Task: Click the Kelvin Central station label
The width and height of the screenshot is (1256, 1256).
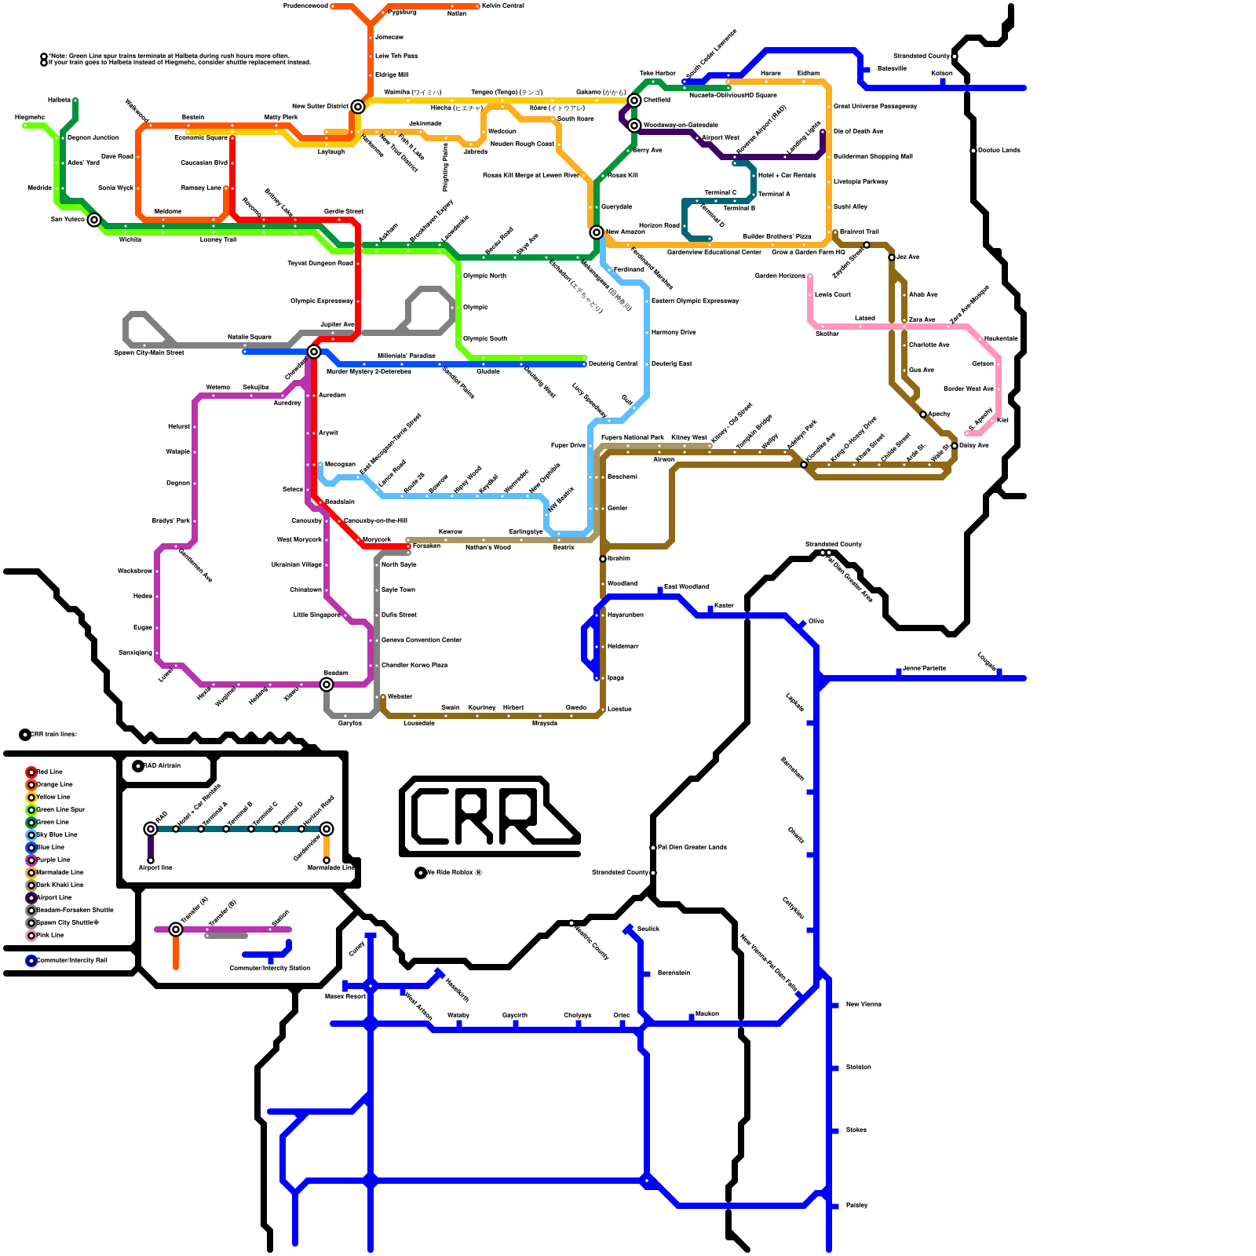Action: coord(502,6)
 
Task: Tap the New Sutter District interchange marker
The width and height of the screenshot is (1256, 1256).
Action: coord(358,107)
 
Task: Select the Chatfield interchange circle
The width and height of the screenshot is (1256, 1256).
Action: coord(634,100)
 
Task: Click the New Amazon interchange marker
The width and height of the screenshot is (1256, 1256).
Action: coord(597,232)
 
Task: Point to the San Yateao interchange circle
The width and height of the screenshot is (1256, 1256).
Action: coord(94,220)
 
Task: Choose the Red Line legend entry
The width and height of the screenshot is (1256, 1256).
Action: coord(49,772)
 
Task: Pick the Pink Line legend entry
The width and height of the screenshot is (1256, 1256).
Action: coord(49,936)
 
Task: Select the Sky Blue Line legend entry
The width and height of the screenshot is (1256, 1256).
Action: coord(57,835)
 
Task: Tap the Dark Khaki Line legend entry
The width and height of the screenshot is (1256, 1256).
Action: coord(59,885)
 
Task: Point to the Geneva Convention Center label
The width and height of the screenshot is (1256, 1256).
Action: coord(422,641)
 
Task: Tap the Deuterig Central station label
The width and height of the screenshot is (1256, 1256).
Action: coord(613,364)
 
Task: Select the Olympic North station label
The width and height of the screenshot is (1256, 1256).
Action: coord(484,276)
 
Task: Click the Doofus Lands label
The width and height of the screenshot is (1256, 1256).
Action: coord(999,151)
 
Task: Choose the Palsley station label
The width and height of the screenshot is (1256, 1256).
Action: coord(856,1206)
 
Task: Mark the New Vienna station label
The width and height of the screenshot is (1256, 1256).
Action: coord(863,1005)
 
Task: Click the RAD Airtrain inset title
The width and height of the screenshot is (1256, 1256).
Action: coord(162,766)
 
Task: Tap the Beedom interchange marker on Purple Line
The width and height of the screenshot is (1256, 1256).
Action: coord(327,685)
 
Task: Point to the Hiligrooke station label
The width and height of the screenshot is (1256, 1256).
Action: coord(30,118)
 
